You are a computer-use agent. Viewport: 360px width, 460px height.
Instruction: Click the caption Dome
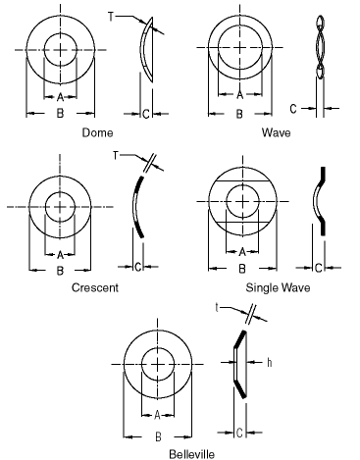[97, 132]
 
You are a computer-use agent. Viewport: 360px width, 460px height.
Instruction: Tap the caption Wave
[276, 132]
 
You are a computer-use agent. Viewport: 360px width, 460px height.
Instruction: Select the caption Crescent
[95, 287]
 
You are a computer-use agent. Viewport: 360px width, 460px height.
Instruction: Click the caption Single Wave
[278, 287]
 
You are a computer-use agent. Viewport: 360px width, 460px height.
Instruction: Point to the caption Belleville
[192, 454]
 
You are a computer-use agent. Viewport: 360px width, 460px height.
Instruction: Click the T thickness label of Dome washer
[111, 17]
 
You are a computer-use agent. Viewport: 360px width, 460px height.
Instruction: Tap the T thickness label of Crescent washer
[115, 156]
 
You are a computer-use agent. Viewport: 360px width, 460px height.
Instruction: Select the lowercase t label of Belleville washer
[217, 308]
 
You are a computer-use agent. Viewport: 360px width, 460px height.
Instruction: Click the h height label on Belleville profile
[270, 362]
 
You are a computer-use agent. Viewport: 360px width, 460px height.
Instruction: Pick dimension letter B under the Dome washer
[60, 114]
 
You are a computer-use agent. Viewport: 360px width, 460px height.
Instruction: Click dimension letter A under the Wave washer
[240, 95]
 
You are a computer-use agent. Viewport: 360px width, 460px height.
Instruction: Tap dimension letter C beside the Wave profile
[293, 109]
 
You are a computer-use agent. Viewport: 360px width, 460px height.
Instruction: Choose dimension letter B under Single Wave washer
[242, 269]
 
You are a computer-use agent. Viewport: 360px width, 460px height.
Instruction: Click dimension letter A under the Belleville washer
[157, 415]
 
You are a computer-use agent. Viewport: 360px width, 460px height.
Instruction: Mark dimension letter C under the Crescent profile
[138, 267]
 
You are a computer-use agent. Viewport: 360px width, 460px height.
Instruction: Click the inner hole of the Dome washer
[61, 50]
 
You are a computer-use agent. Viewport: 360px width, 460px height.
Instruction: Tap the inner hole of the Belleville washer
[158, 364]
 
